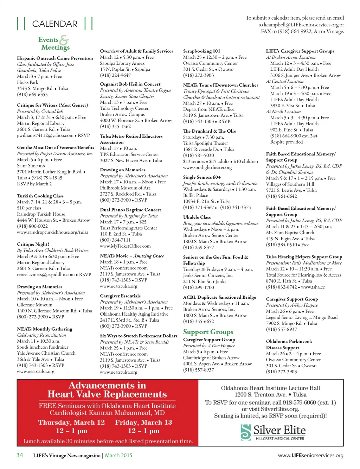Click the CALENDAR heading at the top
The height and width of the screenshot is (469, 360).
click(54, 24)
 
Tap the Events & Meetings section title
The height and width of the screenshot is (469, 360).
click(53, 43)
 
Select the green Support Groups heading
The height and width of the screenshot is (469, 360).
click(208, 332)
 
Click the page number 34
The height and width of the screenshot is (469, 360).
click(20, 455)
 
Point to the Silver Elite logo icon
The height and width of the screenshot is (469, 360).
click(246, 432)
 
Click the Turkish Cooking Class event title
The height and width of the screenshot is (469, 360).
click(40, 196)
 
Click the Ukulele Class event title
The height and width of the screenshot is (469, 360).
click(197, 217)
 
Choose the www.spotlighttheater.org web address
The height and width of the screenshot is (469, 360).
click(207, 167)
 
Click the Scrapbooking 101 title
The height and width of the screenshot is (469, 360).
click(201, 51)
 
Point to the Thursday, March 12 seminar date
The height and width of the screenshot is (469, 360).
click(71, 422)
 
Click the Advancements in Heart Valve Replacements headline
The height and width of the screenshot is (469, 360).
click(107, 390)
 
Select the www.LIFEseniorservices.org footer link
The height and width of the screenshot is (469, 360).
click(310, 455)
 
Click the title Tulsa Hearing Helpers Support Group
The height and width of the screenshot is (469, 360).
click(304, 257)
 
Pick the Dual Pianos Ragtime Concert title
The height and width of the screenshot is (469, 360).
click(130, 210)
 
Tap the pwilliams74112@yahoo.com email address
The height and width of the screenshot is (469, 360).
click(45, 135)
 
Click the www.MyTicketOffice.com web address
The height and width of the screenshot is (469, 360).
click(125, 246)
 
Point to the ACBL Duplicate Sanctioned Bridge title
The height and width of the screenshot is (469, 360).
click(219, 297)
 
